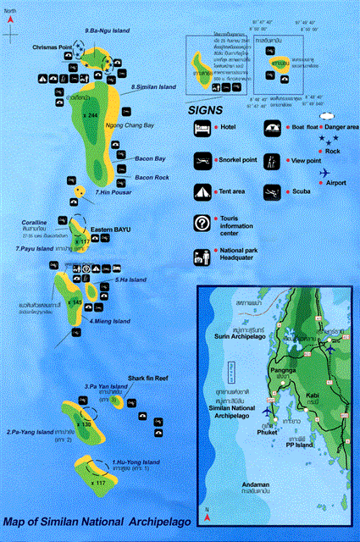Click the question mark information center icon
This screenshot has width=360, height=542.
point(202,224)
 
